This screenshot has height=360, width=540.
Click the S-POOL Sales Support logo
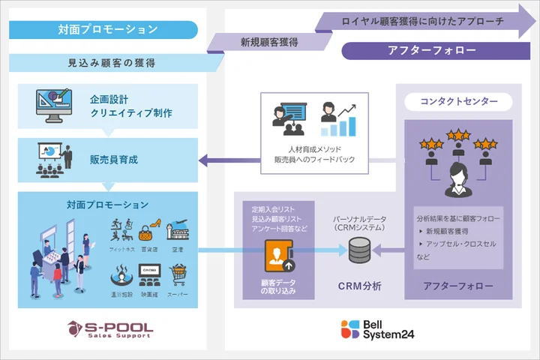pyautogui.click(x=110, y=328)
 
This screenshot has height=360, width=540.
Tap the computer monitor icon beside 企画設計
pyautogui.click(x=55, y=106)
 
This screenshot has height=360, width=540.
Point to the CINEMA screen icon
pyautogui.click(x=148, y=275)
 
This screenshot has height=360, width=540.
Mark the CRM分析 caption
pyautogui.click(x=359, y=286)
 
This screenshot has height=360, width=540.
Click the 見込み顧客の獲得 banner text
pyautogui.click(x=112, y=63)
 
